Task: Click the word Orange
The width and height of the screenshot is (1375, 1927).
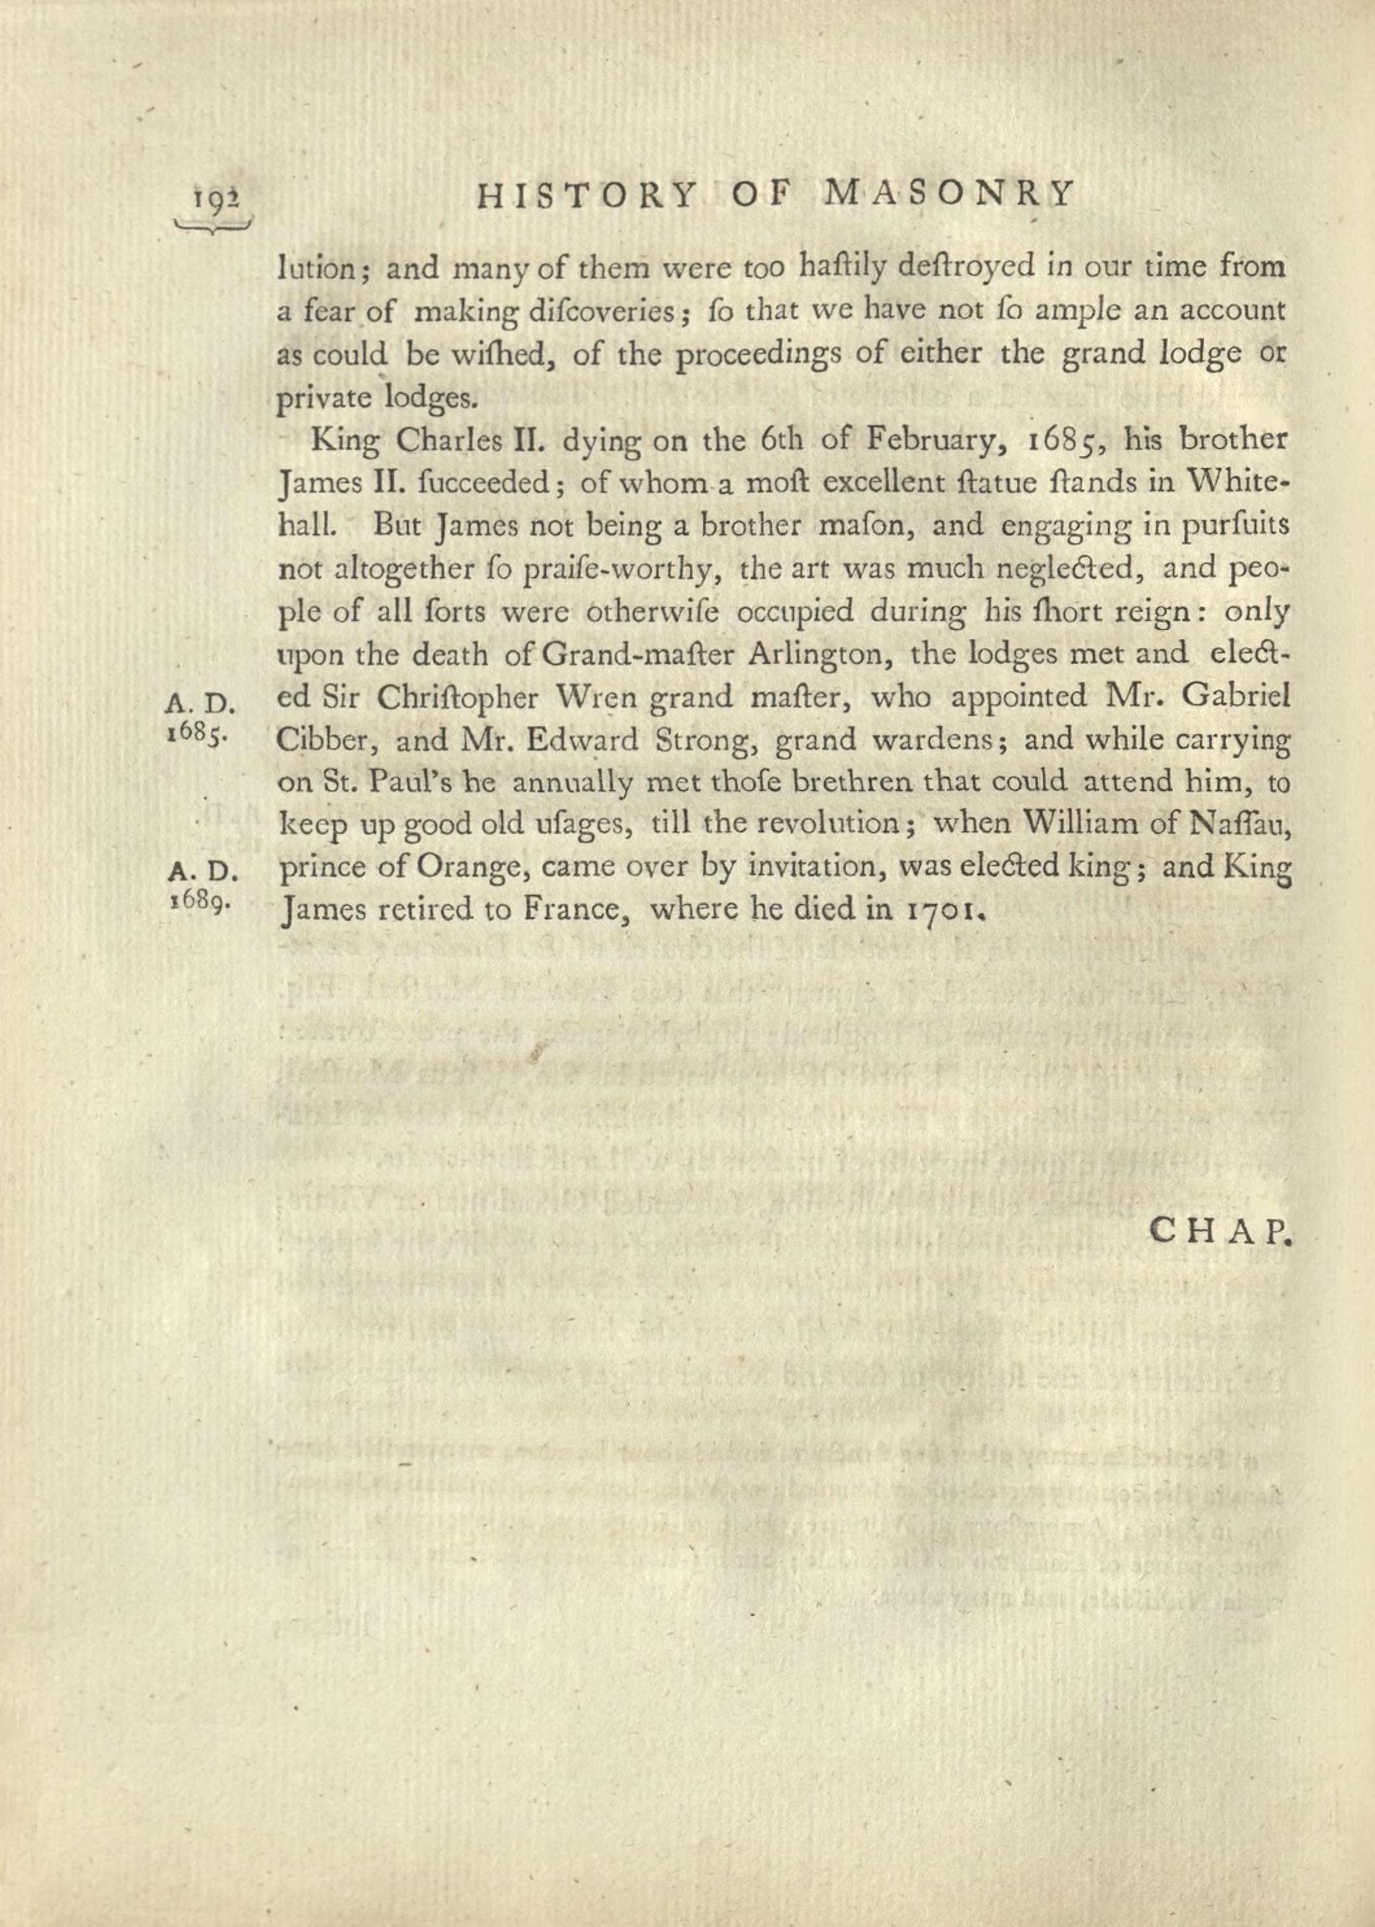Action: (473, 869)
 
